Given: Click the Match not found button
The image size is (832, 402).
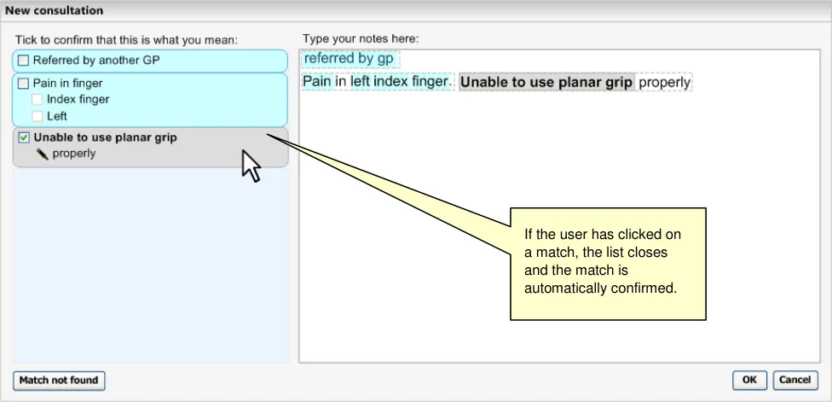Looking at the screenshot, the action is (x=59, y=380).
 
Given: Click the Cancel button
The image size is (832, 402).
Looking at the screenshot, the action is (x=794, y=380).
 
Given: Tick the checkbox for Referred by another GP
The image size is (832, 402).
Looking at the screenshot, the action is (x=23, y=61).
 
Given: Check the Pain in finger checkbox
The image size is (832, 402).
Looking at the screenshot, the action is (x=23, y=84).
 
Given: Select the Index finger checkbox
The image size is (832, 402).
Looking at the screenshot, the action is (x=38, y=99).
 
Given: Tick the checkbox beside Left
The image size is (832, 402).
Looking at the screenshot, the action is (x=38, y=116).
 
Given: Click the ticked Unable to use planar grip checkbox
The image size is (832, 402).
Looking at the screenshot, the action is (x=24, y=138).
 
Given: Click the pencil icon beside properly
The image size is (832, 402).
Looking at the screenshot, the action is (x=43, y=154).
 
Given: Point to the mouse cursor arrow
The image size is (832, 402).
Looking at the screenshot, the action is (x=251, y=166).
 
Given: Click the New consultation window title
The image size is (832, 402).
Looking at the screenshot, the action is (x=54, y=10).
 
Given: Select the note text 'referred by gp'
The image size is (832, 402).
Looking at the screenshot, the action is (x=349, y=58).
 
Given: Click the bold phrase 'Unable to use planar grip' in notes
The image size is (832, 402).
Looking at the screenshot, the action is (x=546, y=82).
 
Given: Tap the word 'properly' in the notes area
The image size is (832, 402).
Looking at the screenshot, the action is (x=664, y=83).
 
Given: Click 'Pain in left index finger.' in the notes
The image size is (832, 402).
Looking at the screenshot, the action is (x=378, y=82).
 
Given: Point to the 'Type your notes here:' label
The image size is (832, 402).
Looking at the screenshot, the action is (x=361, y=38).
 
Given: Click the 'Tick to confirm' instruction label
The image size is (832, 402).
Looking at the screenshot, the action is (x=126, y=40).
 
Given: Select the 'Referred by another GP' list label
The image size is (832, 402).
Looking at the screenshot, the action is (x=96, y=61).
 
